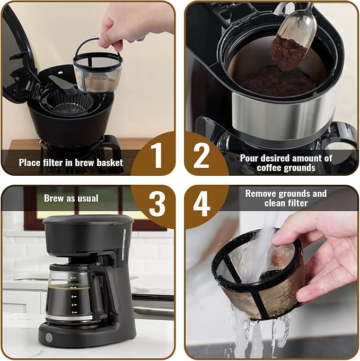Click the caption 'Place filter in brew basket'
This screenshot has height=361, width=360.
[71, 162]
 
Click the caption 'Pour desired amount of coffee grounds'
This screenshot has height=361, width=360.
[286, 163]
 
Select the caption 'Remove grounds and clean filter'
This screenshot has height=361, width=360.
[286, 198]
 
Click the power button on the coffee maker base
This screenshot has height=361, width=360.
[49, 337]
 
